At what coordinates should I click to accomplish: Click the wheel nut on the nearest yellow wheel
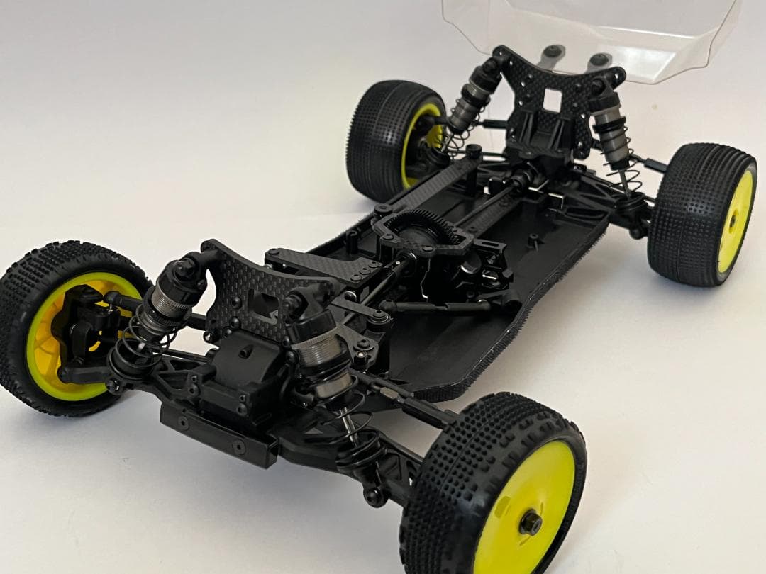click(x=529, y=524)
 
